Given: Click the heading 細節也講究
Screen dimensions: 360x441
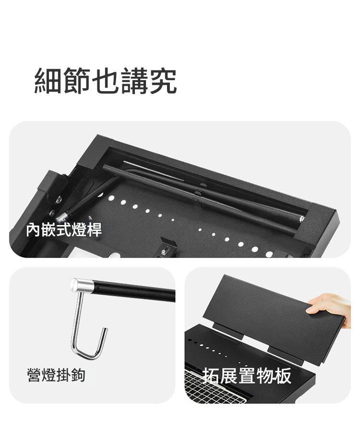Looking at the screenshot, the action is click(106, 81).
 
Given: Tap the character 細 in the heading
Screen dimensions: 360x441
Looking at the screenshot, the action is click(48, 81).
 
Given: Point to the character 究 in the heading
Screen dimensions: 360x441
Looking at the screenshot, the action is click(163, 81).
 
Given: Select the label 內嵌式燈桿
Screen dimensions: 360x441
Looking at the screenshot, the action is click(64, 230).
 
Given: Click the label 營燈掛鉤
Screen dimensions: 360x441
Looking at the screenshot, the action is click(56, 375).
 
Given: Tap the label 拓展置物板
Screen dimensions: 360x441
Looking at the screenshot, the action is click(247, 376).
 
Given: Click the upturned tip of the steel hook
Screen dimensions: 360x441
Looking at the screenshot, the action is click(105, 330).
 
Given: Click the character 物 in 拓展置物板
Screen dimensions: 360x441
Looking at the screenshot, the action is click(265, 376).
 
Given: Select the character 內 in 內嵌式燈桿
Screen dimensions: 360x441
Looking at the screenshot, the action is click(33, 230).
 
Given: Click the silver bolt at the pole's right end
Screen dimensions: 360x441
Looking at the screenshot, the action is click(302, 218).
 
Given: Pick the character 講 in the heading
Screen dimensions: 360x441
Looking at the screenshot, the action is click(134, 81).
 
